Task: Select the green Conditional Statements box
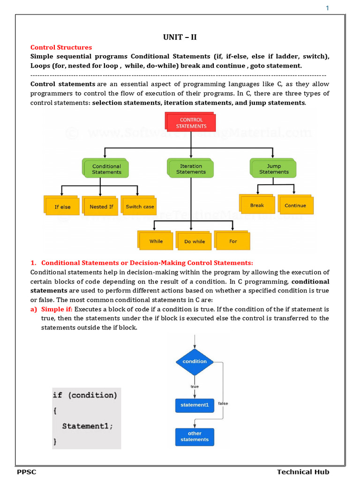(106, 169)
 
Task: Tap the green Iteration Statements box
(191, 169)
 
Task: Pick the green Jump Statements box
(274, 169)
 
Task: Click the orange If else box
(62, 206)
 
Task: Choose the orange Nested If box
(101, 206)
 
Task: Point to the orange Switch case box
(139, 206)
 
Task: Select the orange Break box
(257, 205)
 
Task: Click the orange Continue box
(295, 205)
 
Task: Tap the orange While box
(156, 241)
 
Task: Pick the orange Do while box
(195, 241)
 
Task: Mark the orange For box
(233, 241)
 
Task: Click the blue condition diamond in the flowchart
(195, 361)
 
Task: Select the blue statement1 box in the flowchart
(195, 405)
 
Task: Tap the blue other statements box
(195, 436)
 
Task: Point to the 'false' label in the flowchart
(223, 404)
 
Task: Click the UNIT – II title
(180, 37)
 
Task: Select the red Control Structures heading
(61, 47)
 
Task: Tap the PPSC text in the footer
(27, 472)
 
